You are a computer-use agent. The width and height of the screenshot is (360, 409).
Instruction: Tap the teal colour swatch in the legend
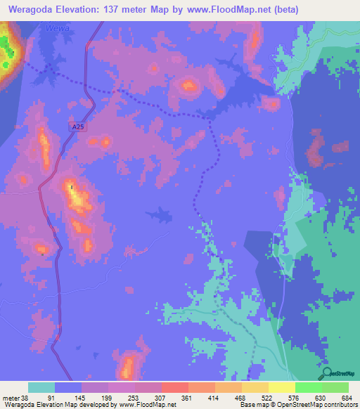[41, 387]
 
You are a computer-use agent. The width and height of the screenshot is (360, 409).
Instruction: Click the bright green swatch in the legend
[308, 387]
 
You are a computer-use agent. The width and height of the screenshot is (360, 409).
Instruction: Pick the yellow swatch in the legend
[281, 387]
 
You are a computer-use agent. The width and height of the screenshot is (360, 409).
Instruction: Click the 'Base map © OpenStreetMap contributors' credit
[299, 405]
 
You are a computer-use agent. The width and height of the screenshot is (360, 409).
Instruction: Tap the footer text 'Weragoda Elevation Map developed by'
[59, 405]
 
